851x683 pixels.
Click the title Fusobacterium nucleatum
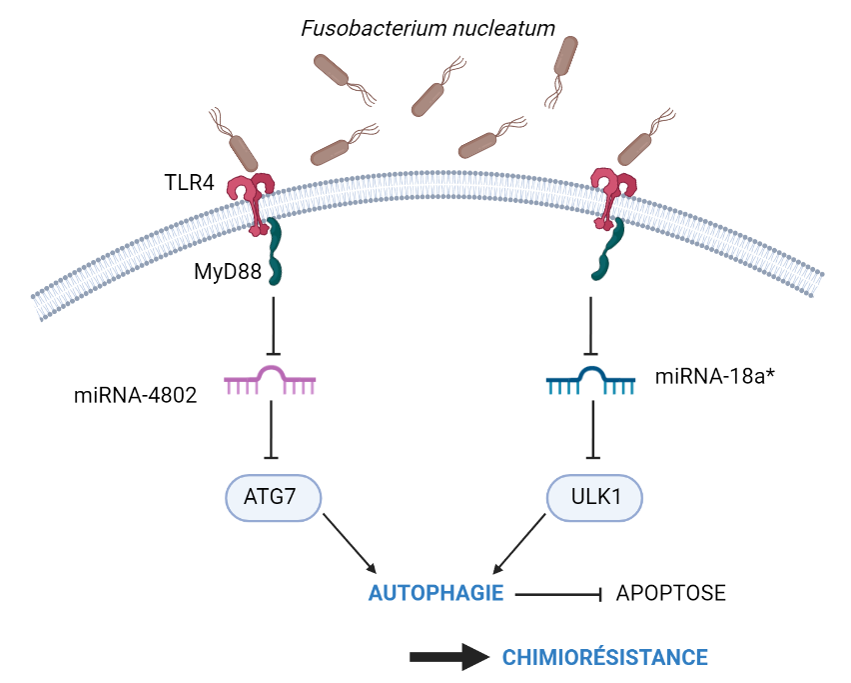tap(427, 28)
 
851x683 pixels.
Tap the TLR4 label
tap(189, 183)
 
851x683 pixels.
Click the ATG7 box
tap(271, 497)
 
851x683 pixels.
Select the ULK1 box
tap(593, 497)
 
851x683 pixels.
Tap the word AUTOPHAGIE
tap(435, 593)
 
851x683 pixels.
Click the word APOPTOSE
tap(670, 593)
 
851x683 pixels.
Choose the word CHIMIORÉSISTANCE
tap(604, 657)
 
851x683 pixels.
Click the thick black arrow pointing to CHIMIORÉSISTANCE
tap(449, 657)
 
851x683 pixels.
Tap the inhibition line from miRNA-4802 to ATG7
tap(271, 430)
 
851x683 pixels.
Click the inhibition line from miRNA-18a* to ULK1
tap(593, 430)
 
